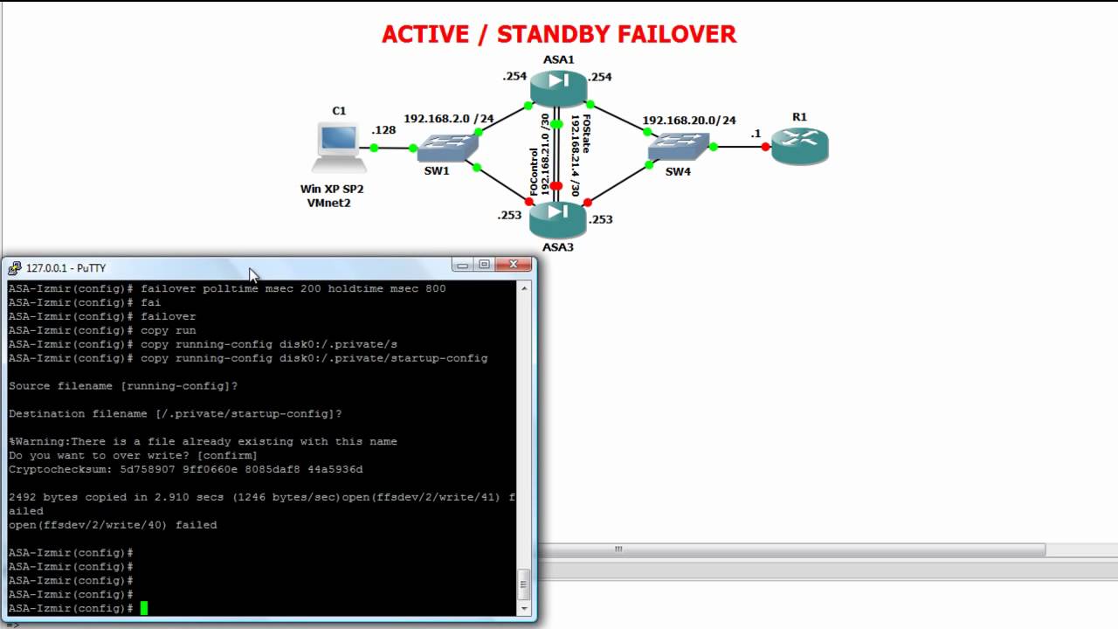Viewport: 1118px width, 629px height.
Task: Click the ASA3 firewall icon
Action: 558,219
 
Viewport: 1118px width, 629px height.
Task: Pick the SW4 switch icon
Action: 678,148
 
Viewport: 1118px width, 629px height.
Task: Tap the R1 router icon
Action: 799,145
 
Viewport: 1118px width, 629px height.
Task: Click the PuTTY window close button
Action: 514,265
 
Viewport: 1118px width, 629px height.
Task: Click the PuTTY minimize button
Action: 462,265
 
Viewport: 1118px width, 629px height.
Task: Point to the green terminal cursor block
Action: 144,608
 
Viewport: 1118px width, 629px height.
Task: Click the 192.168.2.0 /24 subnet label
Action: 448,118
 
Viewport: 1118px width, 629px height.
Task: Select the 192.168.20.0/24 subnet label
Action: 689,120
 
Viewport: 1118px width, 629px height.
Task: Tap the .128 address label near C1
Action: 383,130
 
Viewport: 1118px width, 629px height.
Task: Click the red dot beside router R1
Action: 765,147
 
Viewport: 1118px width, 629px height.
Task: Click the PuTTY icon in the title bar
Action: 15,268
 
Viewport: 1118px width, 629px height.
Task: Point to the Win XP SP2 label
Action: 332,189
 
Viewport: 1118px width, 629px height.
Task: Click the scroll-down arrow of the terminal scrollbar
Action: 525,608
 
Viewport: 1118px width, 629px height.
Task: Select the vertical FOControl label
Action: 534,171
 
